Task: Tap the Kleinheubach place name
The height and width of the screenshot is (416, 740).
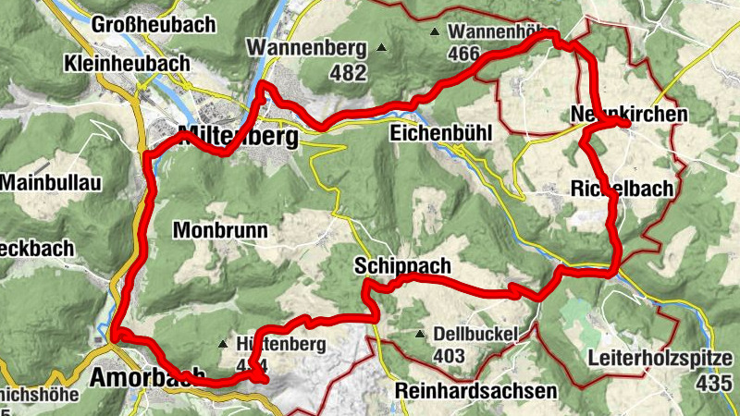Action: click(x=127, y=64)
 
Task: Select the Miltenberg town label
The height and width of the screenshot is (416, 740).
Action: click(x=240, y=137)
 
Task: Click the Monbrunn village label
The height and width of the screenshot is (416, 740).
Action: click(x=219, y=230)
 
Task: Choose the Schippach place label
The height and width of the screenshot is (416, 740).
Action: click(x=402, y=266)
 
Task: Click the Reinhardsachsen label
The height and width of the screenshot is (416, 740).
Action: click(x=475, y=391)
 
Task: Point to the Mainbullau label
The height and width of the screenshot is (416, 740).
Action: click(x=50, y=182)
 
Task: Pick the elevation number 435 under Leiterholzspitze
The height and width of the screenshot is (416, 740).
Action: click(x=719, y=382)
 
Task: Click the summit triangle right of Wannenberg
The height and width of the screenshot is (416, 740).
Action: click(x=381, y=46)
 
